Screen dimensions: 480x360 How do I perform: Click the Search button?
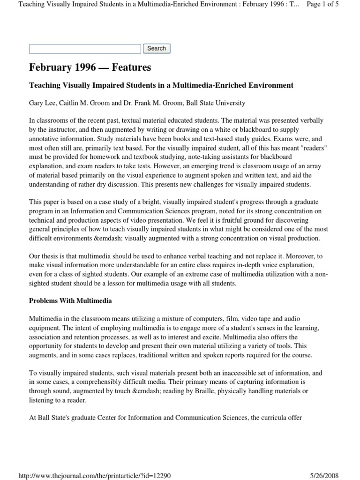click(x=157, y=48)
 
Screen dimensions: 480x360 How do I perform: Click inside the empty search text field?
click(x=85, y=49)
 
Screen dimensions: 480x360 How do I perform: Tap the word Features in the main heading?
click(x=130, y=67)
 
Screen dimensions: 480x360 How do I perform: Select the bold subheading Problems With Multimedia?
click(x=70, y=300)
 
